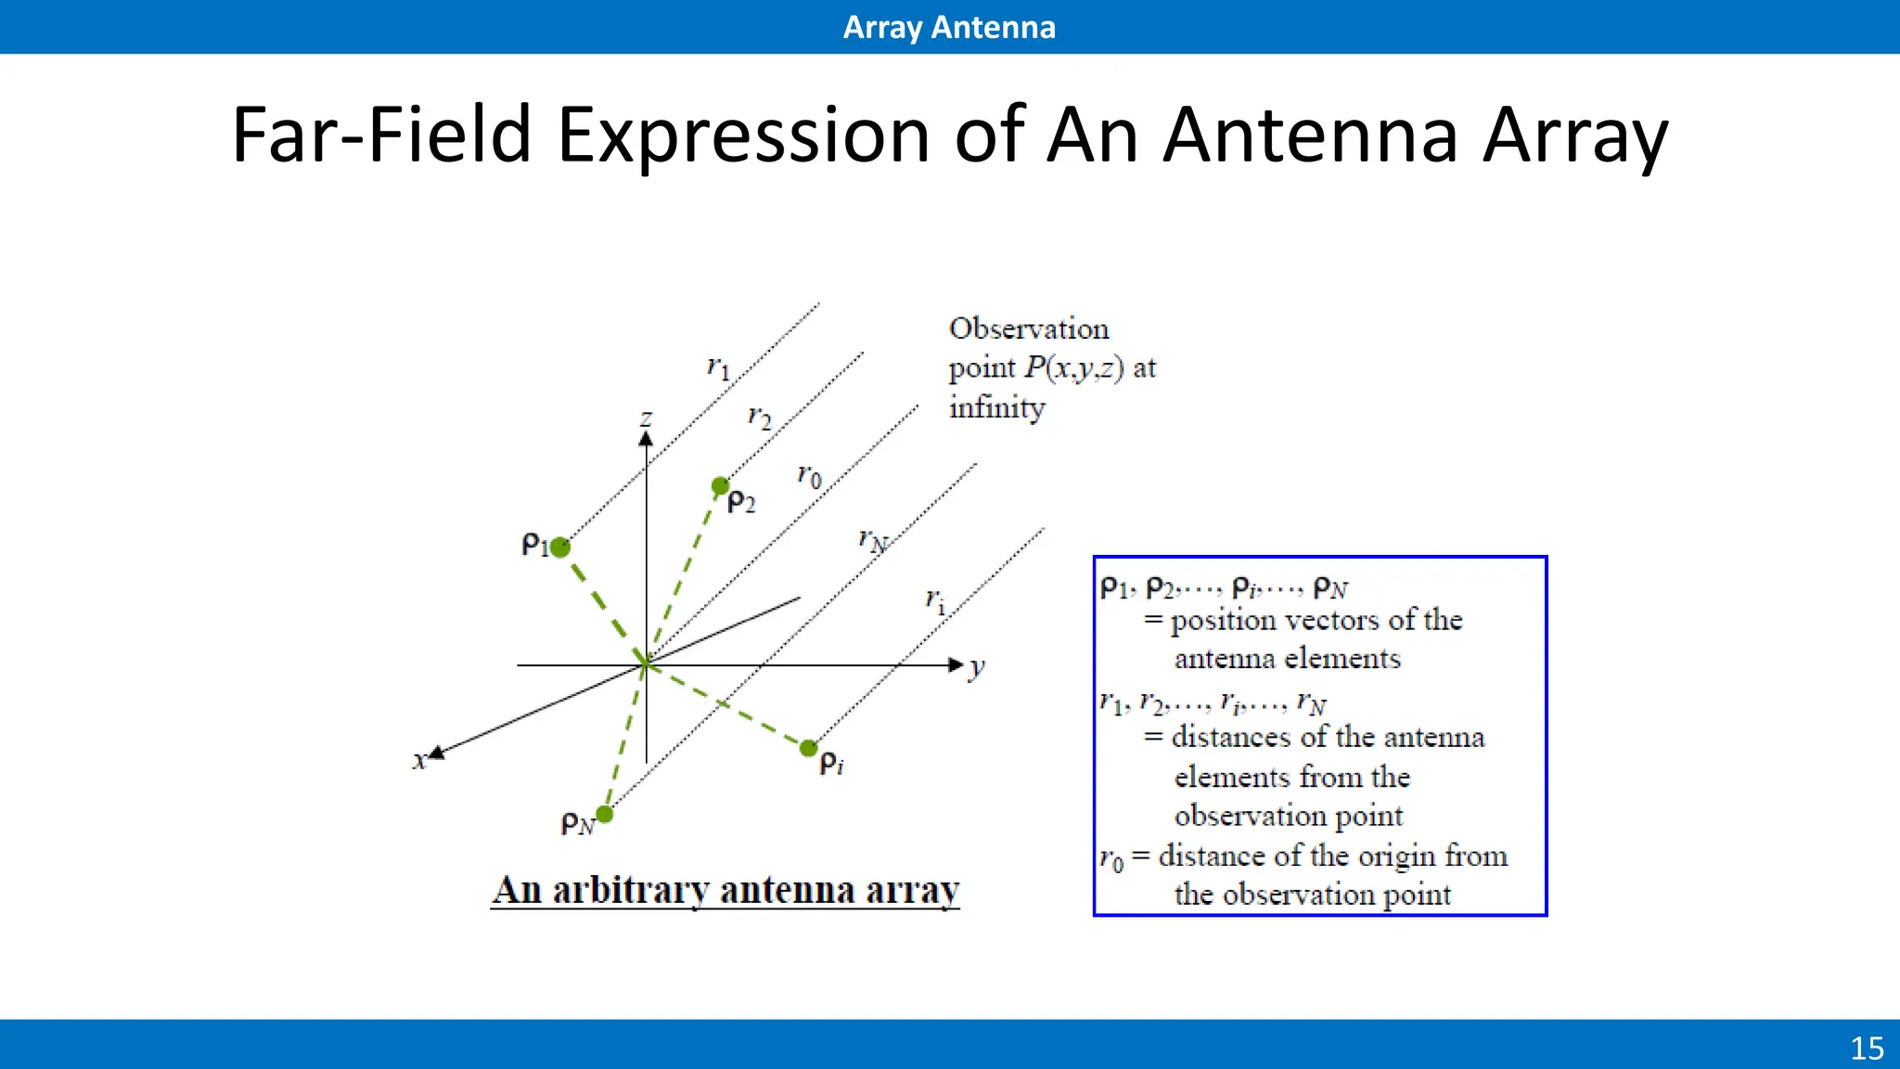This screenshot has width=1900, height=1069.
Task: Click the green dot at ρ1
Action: coord(560,547)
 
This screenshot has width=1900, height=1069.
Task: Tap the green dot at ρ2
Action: coord(721,485)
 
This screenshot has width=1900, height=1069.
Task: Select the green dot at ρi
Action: coord(809,748)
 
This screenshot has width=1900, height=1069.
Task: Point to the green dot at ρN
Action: coord(605,815)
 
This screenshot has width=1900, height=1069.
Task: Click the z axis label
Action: coord(647,419)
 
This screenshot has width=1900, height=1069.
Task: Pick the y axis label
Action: coord(976,667)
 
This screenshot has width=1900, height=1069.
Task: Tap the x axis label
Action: coord(419,761)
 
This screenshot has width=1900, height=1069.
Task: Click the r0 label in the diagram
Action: coord(809,476)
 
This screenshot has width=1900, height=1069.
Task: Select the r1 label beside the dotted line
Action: coord(719,368)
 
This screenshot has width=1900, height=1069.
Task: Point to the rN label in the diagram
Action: coord(872,540)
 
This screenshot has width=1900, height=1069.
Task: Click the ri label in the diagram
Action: coord(935,601)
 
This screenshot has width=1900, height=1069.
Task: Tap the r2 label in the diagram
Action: coord(760,418)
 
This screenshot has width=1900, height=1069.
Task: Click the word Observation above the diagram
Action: coord(1029,328)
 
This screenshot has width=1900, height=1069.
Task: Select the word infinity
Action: coord(996,407)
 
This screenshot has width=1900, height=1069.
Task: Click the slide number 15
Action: coord(1867,1049)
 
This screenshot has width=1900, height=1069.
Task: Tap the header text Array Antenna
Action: coord(949,27)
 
